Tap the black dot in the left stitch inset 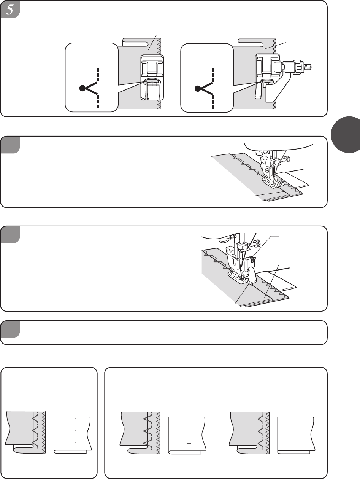(x=82, y=89)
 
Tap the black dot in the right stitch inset (x=197, y=89)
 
